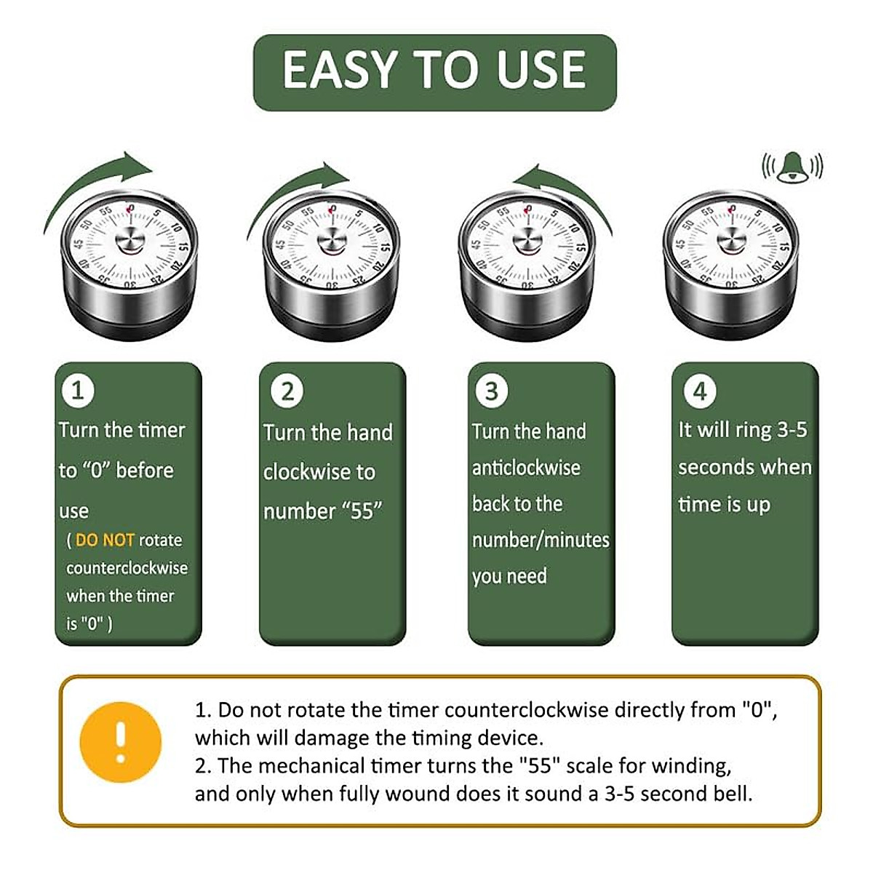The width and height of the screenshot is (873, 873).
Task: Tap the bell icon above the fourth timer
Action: coord(792,167)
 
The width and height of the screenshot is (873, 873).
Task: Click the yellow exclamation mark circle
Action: coord(121,743)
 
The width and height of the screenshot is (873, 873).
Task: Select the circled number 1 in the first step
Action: coord(78,391)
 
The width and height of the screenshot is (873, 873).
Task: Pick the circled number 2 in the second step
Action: coord(287,391)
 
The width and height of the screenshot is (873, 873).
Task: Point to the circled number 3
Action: coord(491,391)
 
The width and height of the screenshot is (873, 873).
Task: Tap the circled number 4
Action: coord(700,391)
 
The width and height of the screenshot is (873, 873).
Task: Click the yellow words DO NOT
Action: coord(105,540)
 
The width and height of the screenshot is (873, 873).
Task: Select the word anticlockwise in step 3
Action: coord(526,468)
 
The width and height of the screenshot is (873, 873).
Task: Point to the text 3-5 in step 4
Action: coord(792,430)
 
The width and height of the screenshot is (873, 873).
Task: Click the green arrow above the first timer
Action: coord(95,182)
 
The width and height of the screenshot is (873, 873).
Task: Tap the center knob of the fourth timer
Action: coord(731,241)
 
